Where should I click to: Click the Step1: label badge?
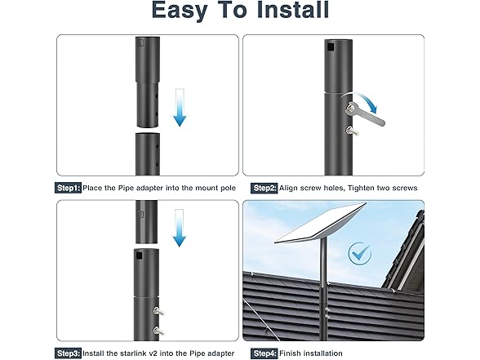(68, 188)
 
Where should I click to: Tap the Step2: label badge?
(264, 188)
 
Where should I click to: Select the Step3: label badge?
(68, 353)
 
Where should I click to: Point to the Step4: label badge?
(264, 353)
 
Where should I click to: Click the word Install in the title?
(292, 10)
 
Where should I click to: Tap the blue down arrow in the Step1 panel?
(180, 108)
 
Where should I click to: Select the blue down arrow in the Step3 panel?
(179, 228)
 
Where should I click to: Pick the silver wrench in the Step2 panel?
(365, 115)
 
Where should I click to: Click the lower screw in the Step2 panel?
(353, 131)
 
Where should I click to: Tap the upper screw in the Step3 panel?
(158, 311)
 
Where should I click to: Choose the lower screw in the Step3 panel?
(158, 331)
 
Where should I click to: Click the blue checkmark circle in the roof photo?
(360, 253)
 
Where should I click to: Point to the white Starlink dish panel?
(320, 224)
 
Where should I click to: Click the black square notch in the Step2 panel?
(331, 47)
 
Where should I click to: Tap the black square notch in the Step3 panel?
(140, 256)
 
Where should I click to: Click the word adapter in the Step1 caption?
(149, 188)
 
